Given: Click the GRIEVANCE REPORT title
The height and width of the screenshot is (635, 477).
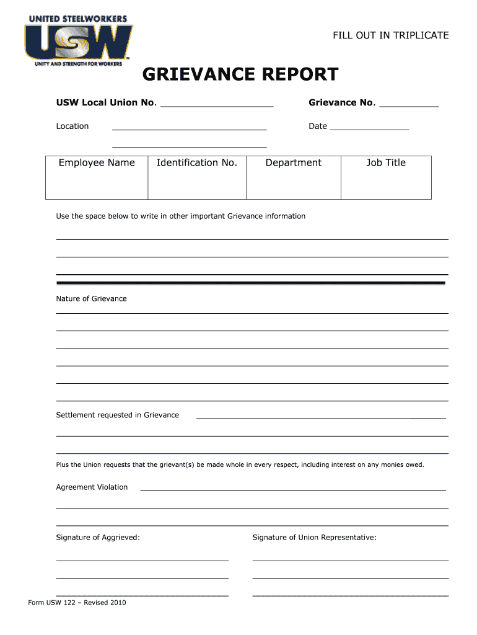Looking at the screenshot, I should (240, 75).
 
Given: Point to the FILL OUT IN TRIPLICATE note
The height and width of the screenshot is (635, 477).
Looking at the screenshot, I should (390, 35).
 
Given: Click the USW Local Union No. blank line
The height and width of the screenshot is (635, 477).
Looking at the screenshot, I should (217, 106).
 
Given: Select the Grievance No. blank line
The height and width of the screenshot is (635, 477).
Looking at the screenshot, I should (409, 106).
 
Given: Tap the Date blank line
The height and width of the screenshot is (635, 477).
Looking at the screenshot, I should (369, 129).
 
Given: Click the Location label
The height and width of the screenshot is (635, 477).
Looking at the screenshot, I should (72, 127).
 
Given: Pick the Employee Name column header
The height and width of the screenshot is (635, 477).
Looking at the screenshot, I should (97, 163).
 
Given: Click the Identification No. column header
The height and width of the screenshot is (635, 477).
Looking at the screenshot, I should (197, 163).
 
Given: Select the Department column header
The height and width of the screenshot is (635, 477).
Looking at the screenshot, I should (294, 163).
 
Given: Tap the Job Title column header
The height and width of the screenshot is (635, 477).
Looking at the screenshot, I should (386, 163).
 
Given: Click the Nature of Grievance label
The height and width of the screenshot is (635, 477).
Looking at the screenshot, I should (91, 299).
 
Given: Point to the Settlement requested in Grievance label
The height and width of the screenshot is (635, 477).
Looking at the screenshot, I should (118, 415).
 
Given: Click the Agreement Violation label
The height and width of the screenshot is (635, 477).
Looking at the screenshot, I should (92, 487).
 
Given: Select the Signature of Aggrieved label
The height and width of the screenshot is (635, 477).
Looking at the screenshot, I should (98, 538).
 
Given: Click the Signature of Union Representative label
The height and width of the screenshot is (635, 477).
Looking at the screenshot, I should (314, 538).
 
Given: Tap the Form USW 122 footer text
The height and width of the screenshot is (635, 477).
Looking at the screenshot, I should (77, 602).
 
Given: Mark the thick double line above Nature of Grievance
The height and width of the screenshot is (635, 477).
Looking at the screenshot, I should (251, 283).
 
